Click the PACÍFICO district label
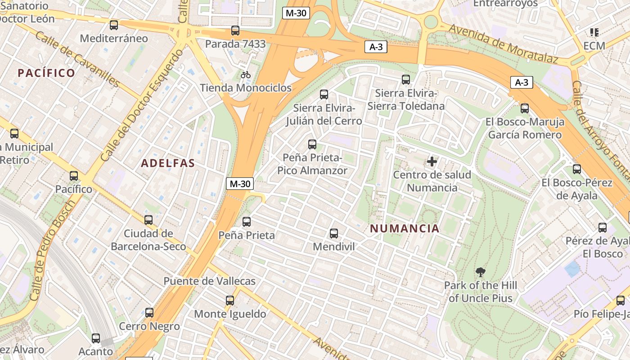(x=46, y=73)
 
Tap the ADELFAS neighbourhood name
(x=168, y=163)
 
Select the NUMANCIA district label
(x=405, y=228)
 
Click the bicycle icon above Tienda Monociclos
(x=246, y=75)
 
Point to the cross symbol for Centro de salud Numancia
(x=432, y=161)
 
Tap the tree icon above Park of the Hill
(x=481, y=272)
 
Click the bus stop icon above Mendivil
(x=333, y=233)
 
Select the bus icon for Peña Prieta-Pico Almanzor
(x=312, y=144)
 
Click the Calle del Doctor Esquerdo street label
(x=142, y=104)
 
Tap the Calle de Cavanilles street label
(x=77, y=59)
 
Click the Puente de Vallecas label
(x=209, y=281)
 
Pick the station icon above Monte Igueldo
(x=230, y=300)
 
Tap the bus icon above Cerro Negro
(x=149, y=312)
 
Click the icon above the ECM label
(x=594, y=32)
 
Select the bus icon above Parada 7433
(x=235, y=31)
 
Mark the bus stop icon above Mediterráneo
(x=114, y=25)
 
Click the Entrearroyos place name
(x=505, y=4)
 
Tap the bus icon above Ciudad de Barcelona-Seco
(x=148, y=220)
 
